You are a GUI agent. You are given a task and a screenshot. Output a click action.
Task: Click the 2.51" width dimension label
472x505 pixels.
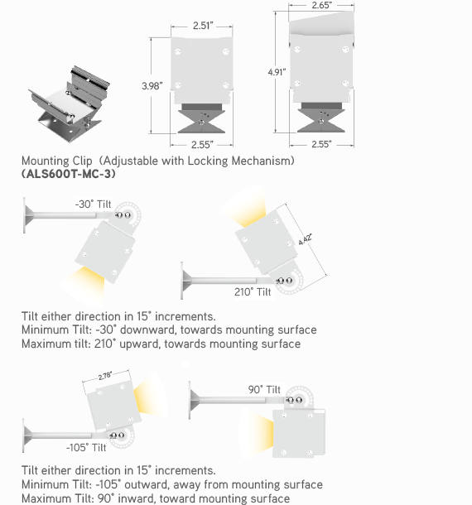203,26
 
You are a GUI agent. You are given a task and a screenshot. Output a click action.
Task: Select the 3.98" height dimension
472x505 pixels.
152,86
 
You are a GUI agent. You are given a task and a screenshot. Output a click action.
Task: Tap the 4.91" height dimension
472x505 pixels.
277,72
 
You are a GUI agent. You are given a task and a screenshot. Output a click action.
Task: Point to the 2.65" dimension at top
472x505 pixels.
321,5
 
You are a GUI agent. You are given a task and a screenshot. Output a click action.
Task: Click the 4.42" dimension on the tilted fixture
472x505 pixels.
305,239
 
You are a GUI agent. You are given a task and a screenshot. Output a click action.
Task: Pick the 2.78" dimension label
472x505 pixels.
105,376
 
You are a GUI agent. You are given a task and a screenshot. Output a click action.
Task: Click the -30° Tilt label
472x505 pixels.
93,204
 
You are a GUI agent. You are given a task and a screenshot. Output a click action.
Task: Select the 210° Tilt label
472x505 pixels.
253,292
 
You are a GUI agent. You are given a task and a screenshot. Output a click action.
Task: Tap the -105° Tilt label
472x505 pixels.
86,447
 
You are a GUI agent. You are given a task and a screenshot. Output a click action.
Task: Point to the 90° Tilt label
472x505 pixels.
264,390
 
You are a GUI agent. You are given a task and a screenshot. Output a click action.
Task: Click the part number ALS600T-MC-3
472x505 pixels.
68,174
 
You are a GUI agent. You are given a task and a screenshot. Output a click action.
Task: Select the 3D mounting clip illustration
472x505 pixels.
70,103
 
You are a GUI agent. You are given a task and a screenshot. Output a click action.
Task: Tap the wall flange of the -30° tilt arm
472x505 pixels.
27,214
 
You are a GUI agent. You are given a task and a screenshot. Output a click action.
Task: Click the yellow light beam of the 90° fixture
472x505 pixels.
256,432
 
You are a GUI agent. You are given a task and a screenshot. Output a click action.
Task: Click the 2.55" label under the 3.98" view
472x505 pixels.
202,145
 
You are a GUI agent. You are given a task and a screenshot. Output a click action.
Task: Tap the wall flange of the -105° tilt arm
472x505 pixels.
26,435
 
